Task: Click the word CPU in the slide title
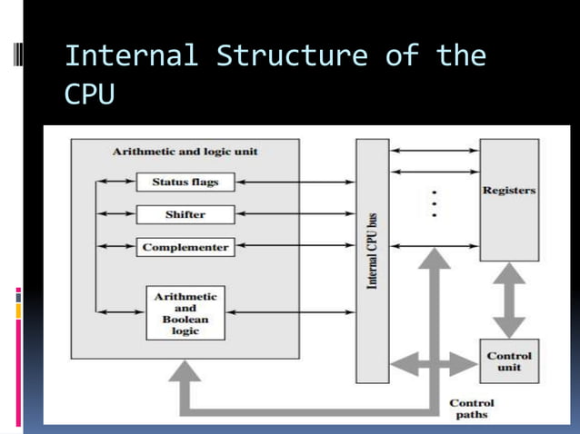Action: point(90,94)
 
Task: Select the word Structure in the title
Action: point(292,56)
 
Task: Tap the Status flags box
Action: point(185,182)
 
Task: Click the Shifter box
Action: point(185,214)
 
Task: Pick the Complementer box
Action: point(185,247)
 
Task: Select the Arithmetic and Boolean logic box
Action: point(185,313)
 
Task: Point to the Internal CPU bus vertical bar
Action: point(372,261)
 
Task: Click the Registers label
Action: point(508,192)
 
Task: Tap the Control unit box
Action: point(509,361)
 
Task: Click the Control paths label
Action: point(471,409)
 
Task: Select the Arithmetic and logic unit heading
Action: point(185,152)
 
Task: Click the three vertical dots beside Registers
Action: point(435,204)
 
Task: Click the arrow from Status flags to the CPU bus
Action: point(295,182)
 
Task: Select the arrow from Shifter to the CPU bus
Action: point(295,214)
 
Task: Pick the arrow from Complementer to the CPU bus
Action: point(295,247)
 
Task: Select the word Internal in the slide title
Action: point(131,56)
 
